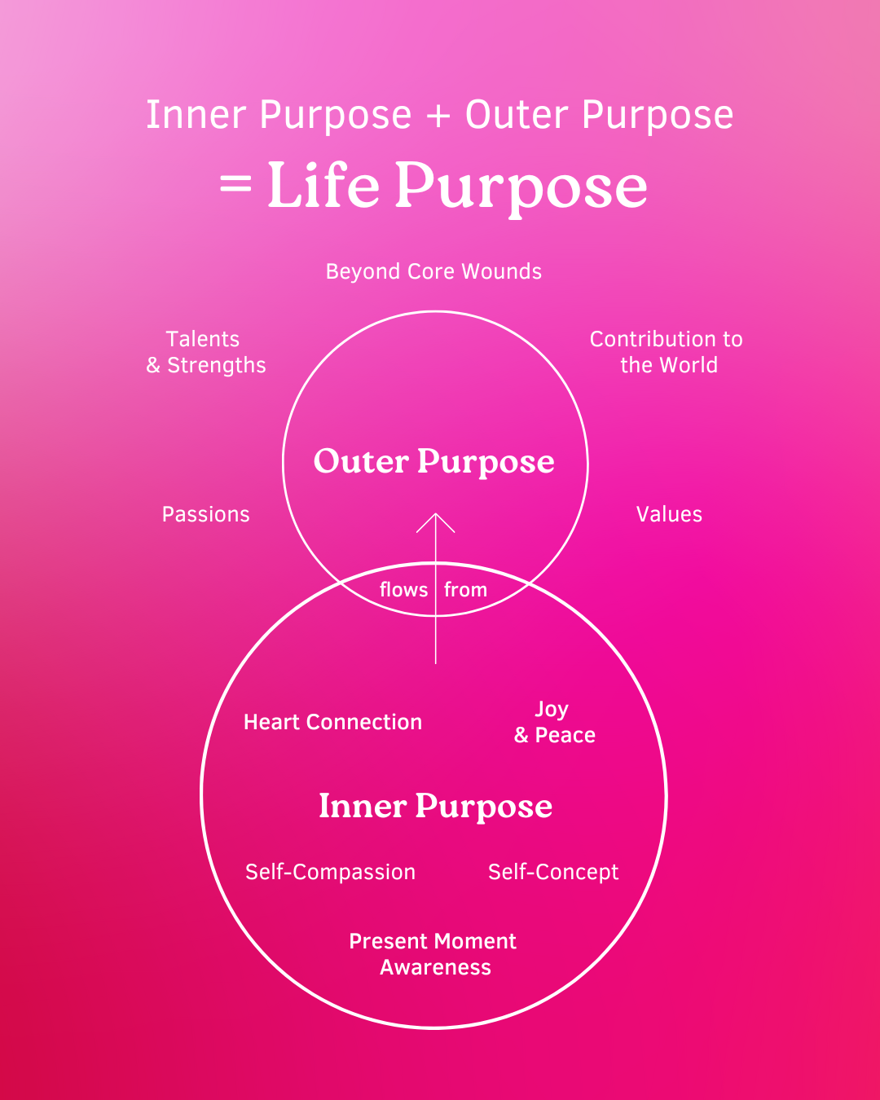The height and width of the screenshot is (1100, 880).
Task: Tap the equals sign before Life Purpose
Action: pyautogui.click(x=235, y=185)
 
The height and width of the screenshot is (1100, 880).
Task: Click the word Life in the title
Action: pyautogui.click(x=323, y=185)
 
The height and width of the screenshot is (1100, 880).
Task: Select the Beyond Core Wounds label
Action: pyautogui.click(x=433, y=271)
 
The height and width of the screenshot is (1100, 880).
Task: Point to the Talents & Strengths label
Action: pyautogui.click(x=206, y=352)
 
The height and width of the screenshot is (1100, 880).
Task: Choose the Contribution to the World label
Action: pyautogui.click(x=667, y=352)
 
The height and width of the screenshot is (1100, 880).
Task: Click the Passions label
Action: pyautogui.click(x=206, y=514)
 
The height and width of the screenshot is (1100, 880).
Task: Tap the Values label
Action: pyautogui.click(x=669, y=514)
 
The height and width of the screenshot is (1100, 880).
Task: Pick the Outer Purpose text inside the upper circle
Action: pyautogui.click(x=434, y=462)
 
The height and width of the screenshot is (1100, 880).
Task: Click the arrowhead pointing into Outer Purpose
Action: pyautogui.click(x=436, y=521)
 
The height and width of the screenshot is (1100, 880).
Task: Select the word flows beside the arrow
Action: pyautogui.click(x=403, y=590)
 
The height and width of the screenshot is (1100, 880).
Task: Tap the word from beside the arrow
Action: pyautogui.click(x=465, y=590)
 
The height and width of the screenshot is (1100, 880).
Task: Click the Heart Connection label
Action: pyautogui.click(x=332, y=722)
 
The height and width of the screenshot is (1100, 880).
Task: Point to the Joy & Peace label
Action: pyautogui.click(x=554, y=722)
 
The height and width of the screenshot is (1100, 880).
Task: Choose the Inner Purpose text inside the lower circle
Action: pyautogui.click(x=435, y=807)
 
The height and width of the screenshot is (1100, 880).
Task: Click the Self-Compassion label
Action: pyautogui.click(x=330, y=872)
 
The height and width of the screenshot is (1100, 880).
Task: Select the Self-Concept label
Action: pyautogui.click(x=553, y=872)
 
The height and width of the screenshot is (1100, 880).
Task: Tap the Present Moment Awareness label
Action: pyautogui.click(x=433, y=954)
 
